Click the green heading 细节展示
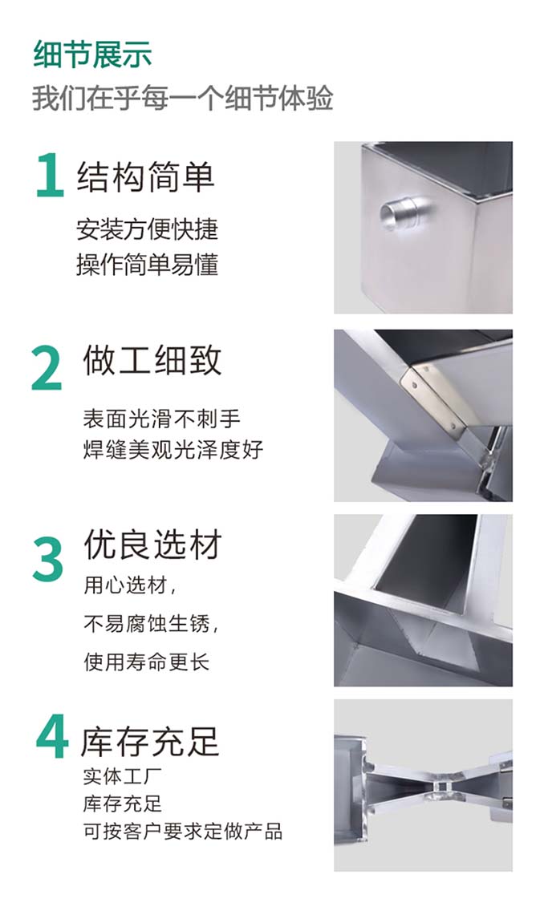(92, 55)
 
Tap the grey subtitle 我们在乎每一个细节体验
(183, 98)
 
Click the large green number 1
(50, 175)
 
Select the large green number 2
(47, 369)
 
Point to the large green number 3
(47, 558)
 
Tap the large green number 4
(52, 736)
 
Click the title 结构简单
(145, 176)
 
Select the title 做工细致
(152, 360)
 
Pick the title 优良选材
(152, 544)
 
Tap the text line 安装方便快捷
(148, 229)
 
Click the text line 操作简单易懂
(148, 265)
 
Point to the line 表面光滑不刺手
(162, 419)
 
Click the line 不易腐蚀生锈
(151, 623)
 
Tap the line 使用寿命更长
(147, 662)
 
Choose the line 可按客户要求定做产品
(183, 831)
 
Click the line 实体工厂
(122, 776)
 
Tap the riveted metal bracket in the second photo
(436, 395)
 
